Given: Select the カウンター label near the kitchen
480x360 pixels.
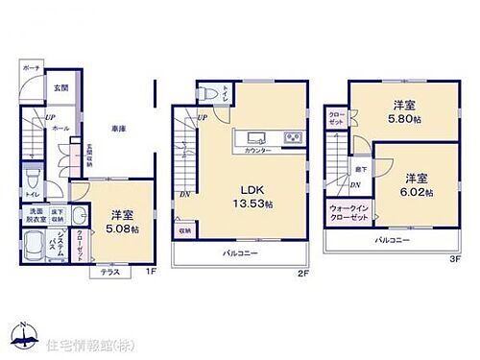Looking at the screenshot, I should click(258, 151).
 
